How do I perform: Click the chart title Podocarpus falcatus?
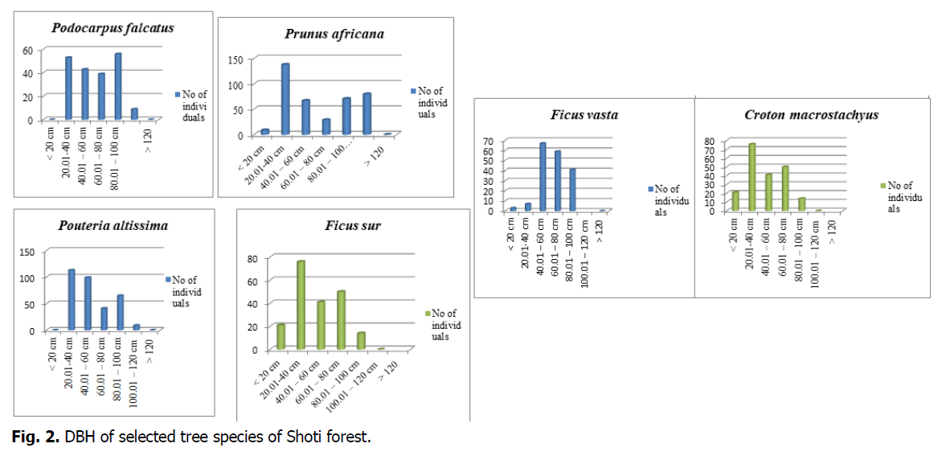click(x=113, y=28)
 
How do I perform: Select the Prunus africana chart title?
click(x=334, y=34)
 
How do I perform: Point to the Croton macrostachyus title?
click(x=811, y=114)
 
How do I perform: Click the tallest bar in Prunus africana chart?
click(x=285, y=98)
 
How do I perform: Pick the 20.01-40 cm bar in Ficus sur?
click(x=301, y=305)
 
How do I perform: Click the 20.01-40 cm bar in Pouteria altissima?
click(x=71, y=299)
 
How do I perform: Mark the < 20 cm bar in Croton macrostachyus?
click(x=735, y=201)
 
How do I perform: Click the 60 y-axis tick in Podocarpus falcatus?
click(x=27, y=50)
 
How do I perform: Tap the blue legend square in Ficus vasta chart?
click(x=650, y=189)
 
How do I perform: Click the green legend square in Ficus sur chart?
click(x=428, y=314)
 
